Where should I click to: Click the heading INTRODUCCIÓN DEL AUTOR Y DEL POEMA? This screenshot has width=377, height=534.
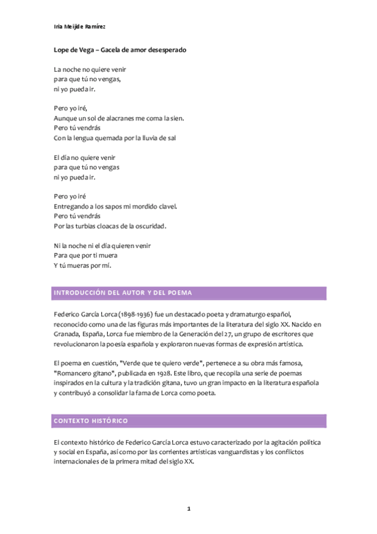pos(123,293)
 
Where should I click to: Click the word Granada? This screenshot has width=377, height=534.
pos(67,334)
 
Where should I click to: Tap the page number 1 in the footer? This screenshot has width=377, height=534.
pos(188,508)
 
